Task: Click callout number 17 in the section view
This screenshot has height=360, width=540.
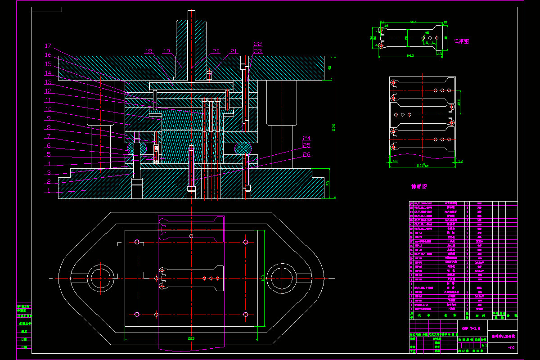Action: coord(49,45)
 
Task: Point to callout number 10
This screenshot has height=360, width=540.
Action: coord(49,109)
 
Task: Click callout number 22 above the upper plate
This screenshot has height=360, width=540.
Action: coord(257,44)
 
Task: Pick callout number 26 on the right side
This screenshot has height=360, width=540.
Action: coord(306,154)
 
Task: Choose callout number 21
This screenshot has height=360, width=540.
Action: coord(234,51)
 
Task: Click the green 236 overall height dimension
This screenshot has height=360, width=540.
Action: coord(333,127)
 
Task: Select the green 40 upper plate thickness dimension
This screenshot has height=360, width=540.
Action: coord(329,68)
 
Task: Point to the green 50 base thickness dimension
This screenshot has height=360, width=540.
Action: coord(329,182)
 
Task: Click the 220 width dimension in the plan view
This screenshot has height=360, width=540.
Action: coord(191,338)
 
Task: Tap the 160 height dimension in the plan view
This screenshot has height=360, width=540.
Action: coord(262,279)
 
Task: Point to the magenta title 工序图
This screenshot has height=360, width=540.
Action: coord(461,41)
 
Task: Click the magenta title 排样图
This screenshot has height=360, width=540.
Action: coord(419,186)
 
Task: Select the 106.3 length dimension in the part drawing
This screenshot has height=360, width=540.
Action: coord(410,56)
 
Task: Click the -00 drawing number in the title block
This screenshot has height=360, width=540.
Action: coord(511,348)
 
